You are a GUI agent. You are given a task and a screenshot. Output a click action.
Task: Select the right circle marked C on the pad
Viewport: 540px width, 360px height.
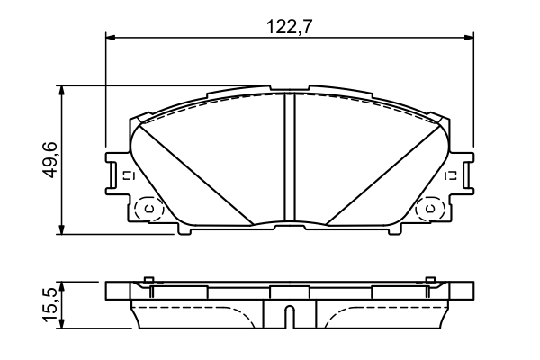[x=430, y=210]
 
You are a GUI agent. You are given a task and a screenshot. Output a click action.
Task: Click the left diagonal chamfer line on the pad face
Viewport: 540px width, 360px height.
[x=193, y=171]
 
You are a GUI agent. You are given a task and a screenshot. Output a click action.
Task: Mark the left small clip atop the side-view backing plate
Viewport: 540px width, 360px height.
[x=150, y=279]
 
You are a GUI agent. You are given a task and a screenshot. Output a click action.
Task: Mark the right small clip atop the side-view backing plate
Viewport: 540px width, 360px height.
[x=430, y=279]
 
